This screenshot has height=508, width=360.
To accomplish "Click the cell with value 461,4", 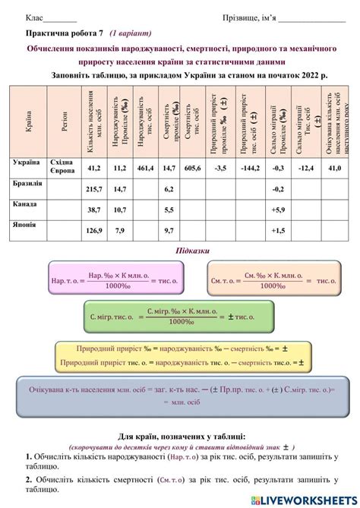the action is point(145,167).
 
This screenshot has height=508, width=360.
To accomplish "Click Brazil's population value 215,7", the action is point(94,188).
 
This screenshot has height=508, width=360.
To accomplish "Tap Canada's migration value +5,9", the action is point(278,210).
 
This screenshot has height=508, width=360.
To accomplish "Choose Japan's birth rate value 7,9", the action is point(119,230).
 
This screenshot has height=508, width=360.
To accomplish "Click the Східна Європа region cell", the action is point(62,167).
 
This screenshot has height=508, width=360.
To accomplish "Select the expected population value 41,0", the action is point(334,167).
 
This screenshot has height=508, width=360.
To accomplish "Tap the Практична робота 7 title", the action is point(64,34).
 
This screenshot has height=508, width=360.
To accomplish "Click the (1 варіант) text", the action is point(131,34).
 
